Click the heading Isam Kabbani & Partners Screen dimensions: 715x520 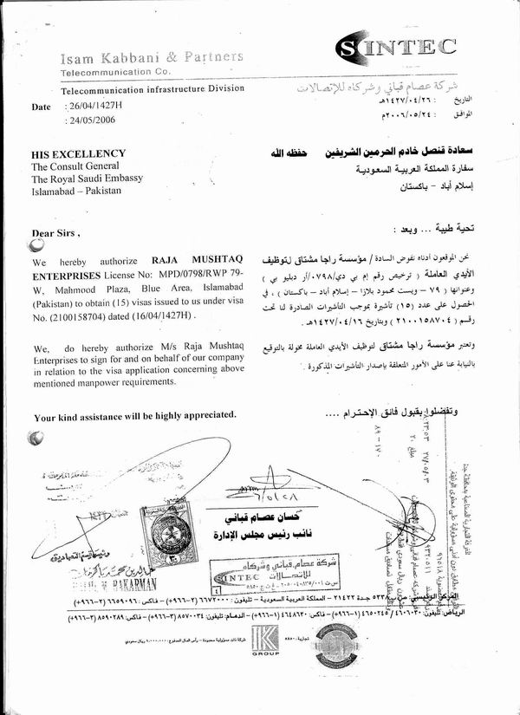pyautogui.click(x=152, y=58)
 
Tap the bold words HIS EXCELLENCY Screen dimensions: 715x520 pyautogui.click(x=78, y=153)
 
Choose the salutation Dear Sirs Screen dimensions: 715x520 pyautogui.click(x=56, y=233)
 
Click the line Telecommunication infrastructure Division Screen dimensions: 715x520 pyautogui.click(x=152, y=88)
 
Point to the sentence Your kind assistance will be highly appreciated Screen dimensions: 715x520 pyautogui.click(x=135, y=416)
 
